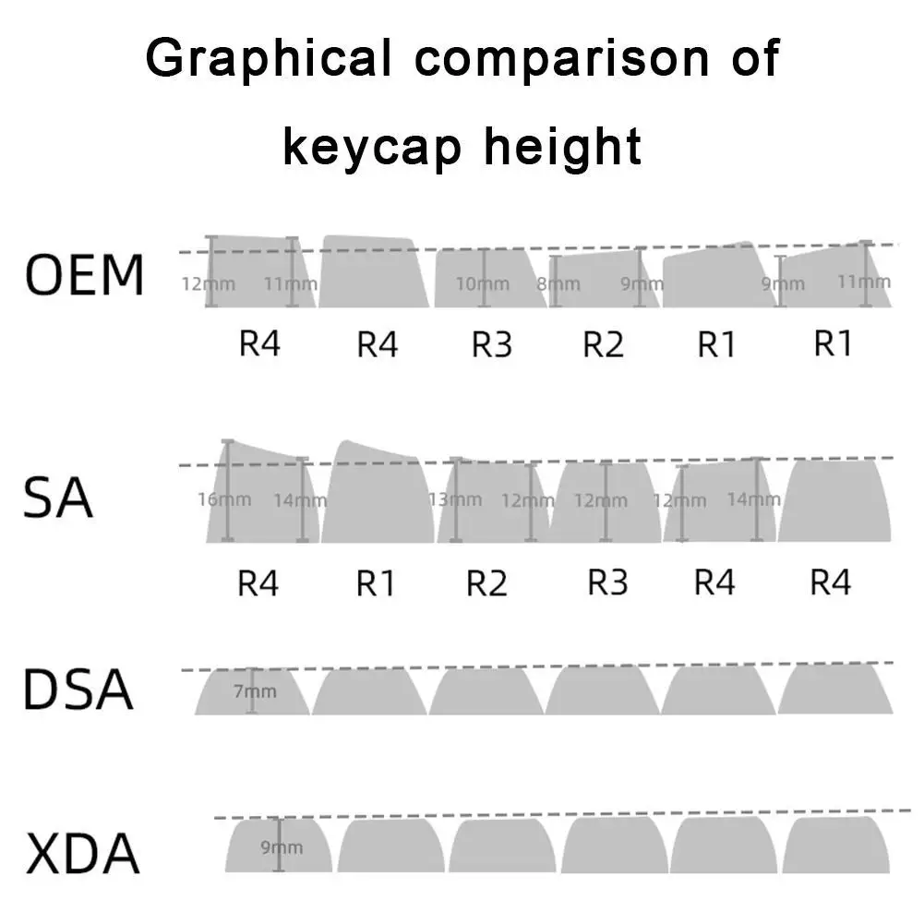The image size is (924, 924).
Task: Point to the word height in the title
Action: click(x=558, y=146)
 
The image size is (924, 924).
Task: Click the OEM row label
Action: click(x=85, y=274)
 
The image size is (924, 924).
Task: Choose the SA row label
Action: click(x=58, y=498)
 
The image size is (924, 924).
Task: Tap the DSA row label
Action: click(x=78, y=690)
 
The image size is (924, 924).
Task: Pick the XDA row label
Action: click(x=83, y=853)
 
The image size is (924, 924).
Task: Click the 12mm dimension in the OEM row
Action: click(x=209, y=283)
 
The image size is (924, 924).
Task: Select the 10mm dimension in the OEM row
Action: click(x=483, y=283)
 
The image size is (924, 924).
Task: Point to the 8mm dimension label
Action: click(x=558, y=283)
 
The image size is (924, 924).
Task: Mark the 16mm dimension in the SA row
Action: click(x=224, y=499)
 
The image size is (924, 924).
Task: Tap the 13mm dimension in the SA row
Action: click(x=455, y=499)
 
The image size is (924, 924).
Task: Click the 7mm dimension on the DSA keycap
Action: click(x=254, y=690)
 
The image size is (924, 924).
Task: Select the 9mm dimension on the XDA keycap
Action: click(x=281, y=846)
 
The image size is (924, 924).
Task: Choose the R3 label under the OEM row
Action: click(x=492, y=345)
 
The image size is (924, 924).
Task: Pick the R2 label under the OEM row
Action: click(x=604, y=345)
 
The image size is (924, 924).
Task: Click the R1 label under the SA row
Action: click(x=376, y=583)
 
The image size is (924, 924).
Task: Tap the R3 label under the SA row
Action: click(x=607, y=583)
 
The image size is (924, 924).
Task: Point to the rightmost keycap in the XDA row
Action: click(x=836, y=844)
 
